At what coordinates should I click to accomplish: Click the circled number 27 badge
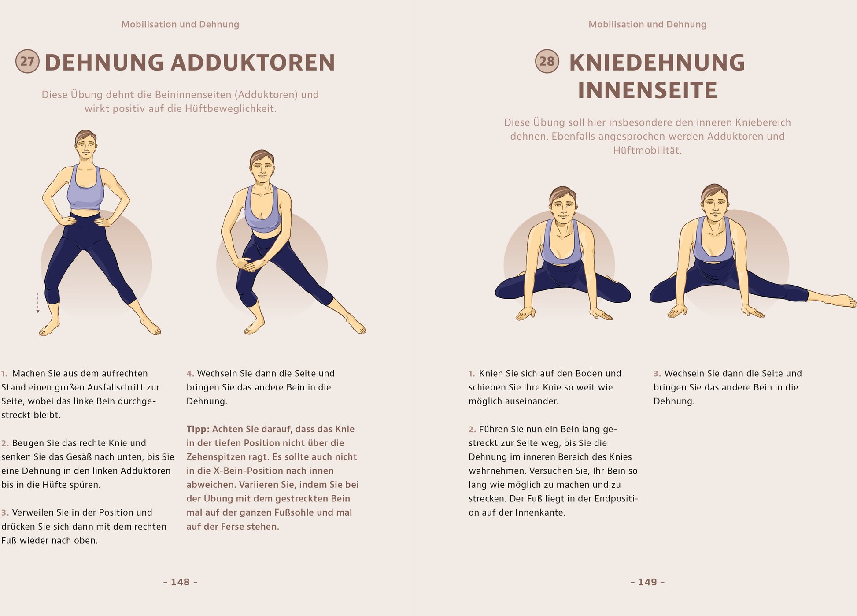pos(27,61)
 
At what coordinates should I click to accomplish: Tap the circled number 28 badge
pos(547,61)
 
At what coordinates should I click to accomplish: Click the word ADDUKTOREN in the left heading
pos(253,62)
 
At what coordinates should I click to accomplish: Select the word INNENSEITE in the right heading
pos(647,90)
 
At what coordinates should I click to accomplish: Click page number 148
pos(181,582)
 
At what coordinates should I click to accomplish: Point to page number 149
pos(647,582)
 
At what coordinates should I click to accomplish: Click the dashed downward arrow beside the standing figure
pos(38,303)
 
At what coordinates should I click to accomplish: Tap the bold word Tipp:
pos(198,429)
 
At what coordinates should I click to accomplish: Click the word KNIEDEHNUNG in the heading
pos(657,62)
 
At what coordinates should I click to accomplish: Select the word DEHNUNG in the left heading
pos(104,62)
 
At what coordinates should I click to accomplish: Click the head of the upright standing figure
pos(85,145)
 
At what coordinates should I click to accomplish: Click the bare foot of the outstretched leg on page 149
pos(841,301)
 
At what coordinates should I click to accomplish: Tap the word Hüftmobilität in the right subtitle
pos(647,151)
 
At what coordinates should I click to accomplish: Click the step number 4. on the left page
pos(190,374)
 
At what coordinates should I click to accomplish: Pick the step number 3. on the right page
pos(658,374)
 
